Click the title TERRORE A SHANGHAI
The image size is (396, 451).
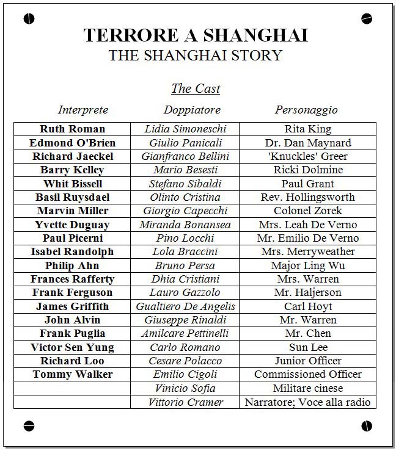point(196,35)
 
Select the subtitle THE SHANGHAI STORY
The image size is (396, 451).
point(196,55)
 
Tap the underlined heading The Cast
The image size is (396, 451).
point(196,88)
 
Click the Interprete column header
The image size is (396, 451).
point(83,110)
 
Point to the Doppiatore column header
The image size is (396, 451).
point(192,110)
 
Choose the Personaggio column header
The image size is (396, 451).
point(306,110)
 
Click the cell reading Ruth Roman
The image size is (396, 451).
point(72,129)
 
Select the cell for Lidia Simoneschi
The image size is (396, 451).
point(185,129)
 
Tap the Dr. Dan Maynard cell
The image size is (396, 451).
point(308,143)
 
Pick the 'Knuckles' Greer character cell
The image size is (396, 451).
point(308,156)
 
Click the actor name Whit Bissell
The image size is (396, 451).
point(72,184)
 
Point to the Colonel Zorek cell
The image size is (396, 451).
point(308,211)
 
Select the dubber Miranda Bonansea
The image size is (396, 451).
point(185,225)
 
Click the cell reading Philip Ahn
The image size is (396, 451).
point(72,265)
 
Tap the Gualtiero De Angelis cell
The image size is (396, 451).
point(185,306)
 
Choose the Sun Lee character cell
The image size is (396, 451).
point(308,347)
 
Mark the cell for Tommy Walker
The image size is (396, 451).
point(72,374)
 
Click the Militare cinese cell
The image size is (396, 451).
point(308,388)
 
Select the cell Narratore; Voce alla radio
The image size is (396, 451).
point(308,402)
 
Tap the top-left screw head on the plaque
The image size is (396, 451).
point(29,19)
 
